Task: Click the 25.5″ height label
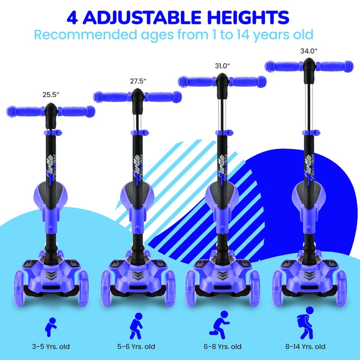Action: [x=50, y=95]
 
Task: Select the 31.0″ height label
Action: [x=222, y=66]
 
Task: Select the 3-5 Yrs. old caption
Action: [x=50, y=346]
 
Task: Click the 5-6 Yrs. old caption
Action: [x=136, y=346]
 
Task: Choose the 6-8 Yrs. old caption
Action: [x=222, y=346]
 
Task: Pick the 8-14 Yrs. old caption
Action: [x=308, y=346]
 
